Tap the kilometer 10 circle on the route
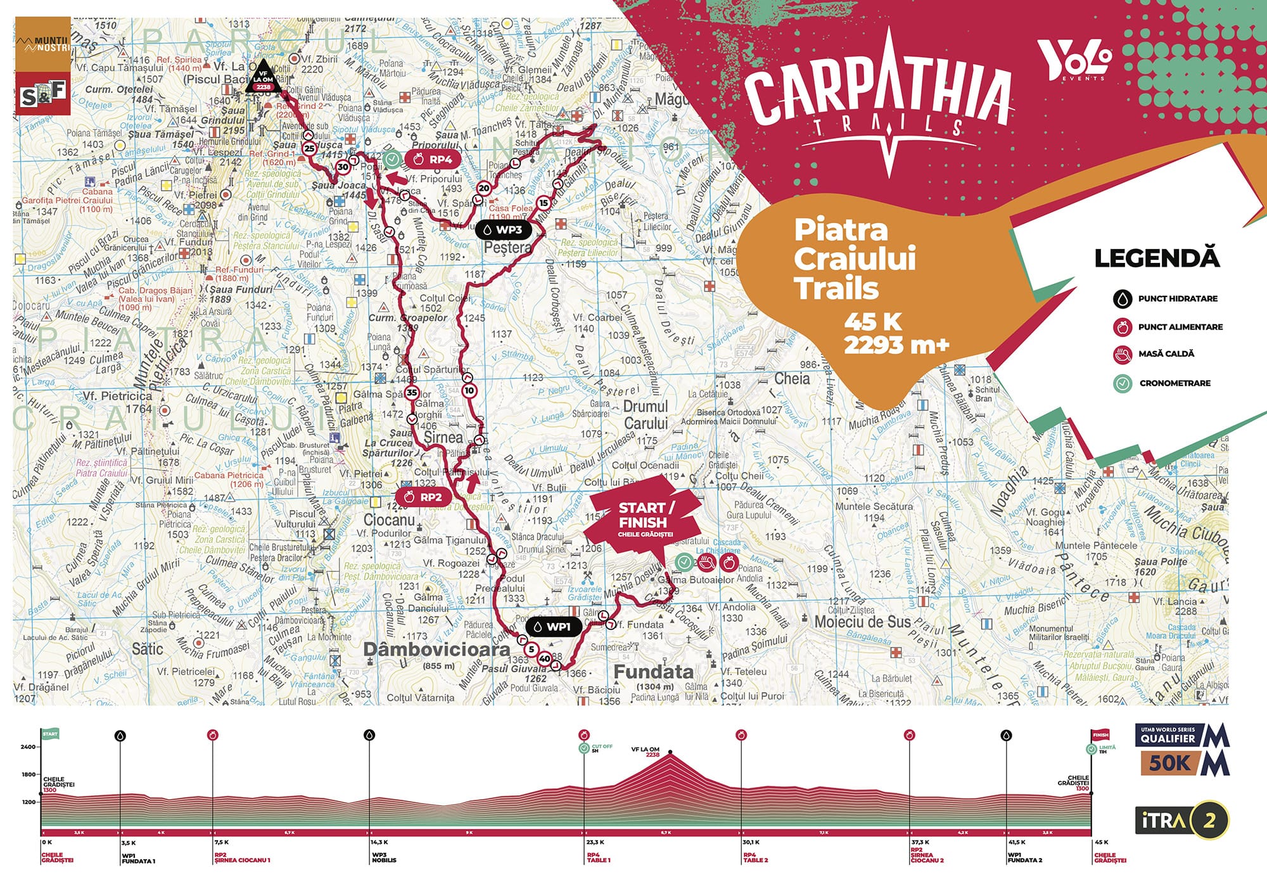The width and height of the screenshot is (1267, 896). coord(469,390)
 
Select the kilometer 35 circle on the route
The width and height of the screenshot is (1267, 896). coord(412,392)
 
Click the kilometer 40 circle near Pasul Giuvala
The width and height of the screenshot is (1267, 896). coord(544,659)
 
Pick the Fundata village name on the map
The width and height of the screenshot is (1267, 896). coord(654,672)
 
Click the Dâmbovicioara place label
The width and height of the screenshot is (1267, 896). coord(436,650)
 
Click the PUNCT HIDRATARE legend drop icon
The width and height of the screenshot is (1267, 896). coord(1123,298)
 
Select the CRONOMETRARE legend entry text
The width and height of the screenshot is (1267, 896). coord(1175,383)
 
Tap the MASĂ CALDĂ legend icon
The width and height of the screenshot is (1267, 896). coord(1123,354)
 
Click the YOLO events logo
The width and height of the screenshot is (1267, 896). coord(1074,61)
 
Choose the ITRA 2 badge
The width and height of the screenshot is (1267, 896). coord(1181,821)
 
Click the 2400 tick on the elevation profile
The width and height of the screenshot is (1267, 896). coord(29,747)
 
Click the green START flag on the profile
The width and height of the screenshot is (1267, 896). coord(50,734)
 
